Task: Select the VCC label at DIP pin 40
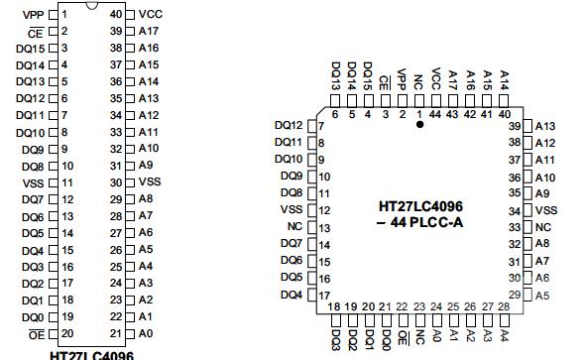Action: (x=151, y=14)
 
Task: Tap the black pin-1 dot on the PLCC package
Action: (x=419, y=125)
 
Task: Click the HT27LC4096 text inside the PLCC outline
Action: (x=421, y=206)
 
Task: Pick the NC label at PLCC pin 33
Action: (x=542, y=227)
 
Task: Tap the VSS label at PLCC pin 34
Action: (x=546, y=210)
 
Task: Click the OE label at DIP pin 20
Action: (x=36, y=333)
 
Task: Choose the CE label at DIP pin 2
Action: (x=36, y=31)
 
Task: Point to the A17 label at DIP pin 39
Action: (x=149, y=31)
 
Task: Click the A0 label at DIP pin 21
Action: (x=146, y=333)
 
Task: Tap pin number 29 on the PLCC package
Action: (x=514, y=295)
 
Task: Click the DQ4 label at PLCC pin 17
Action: (x=291, y=295)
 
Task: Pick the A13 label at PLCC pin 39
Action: (x=545, y=126)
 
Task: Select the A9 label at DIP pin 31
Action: (x=146, y=165)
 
